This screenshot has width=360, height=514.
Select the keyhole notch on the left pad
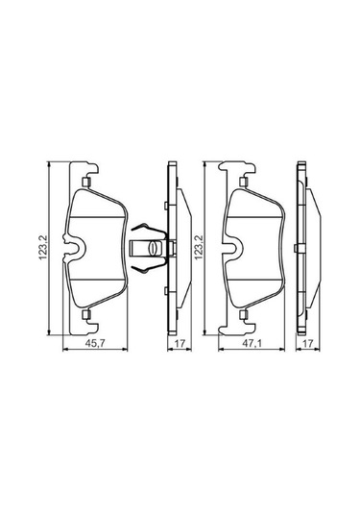coord(73,253)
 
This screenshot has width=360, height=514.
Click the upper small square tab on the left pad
coord(86,183)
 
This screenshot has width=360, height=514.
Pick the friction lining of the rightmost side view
coord(311,253)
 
